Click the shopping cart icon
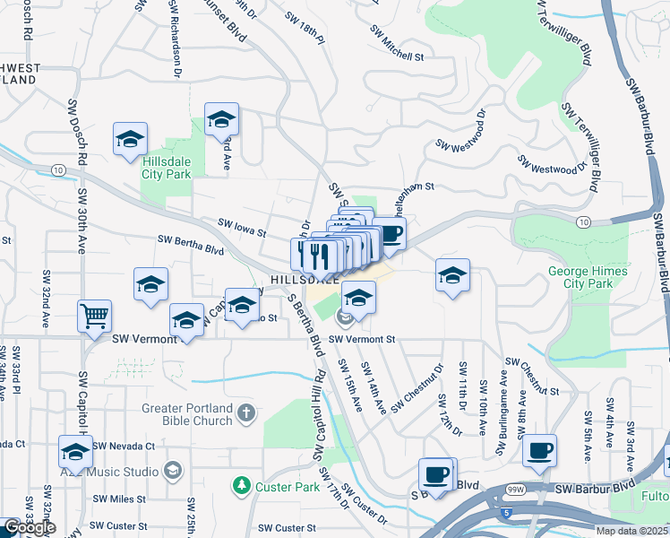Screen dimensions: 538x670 (x=94, y=316)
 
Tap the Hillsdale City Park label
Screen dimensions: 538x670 (x=166, y=168)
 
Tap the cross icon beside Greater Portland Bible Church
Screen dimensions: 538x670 (x=246, y=413)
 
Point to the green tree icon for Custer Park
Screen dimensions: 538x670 (x=240, y=485)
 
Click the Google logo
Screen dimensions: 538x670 (x=30, y=527)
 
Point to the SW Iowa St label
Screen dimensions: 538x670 (x=244, y=226)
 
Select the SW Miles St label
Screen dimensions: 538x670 (x=119, y=499)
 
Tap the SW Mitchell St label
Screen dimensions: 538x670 (x=397, y=43)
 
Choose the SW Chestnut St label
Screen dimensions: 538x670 (x=532, y=377)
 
